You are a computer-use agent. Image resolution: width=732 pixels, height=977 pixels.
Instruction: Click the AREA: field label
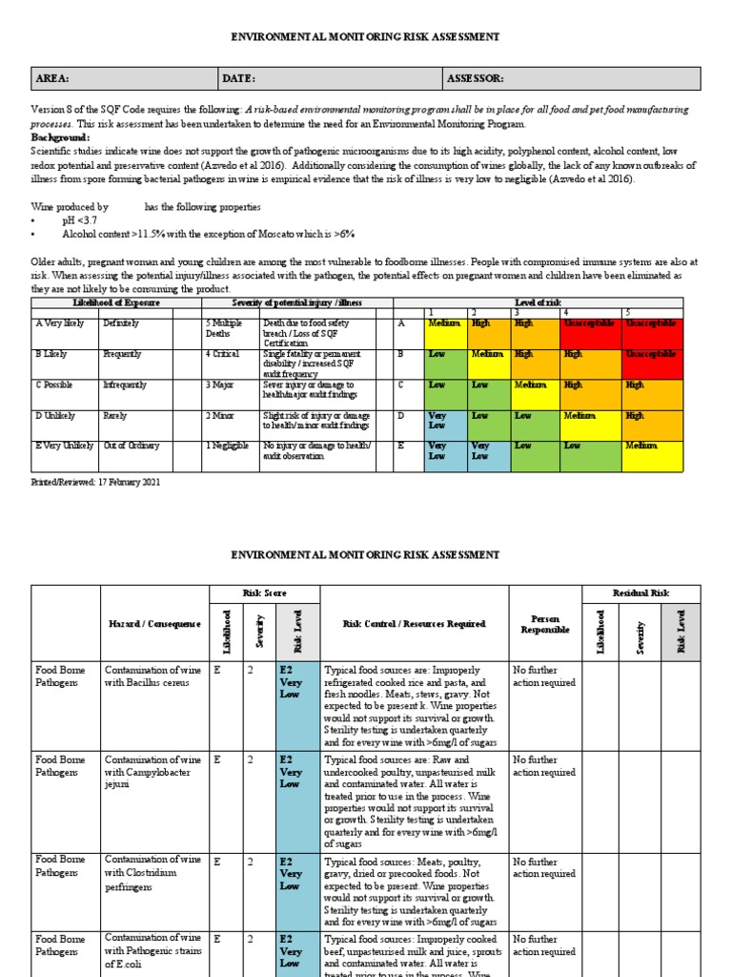click(x=52, y=78)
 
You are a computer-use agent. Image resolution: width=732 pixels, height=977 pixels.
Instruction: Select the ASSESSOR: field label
click(x=475, y=78)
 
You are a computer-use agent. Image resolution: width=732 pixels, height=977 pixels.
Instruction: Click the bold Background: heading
click(x=60, y=137)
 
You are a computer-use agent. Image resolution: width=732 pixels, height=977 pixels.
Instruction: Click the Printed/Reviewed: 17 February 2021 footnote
click(x=96, y=482)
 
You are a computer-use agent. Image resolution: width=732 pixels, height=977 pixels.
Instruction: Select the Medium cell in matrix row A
click(x=445, y=323)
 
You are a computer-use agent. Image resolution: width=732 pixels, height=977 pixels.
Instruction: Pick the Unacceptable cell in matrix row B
click(x=652, y=354)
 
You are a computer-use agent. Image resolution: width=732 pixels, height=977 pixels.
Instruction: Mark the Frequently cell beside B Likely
click(x=123, y=354)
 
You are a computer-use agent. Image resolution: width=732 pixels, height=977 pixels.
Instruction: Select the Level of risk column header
click(x=538, y=302)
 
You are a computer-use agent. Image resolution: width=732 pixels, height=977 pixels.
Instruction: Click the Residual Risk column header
click(x=640, y=593)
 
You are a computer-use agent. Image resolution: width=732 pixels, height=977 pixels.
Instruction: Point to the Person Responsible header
click(x=544, y=624)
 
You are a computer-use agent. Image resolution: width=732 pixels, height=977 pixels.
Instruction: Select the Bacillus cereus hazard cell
click(x=153, y=676)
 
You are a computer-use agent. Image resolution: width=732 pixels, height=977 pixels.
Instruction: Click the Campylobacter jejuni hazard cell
click(x=153, y=772)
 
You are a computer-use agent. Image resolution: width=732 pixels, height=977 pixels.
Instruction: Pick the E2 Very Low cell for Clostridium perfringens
click(x=291, y=874)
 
